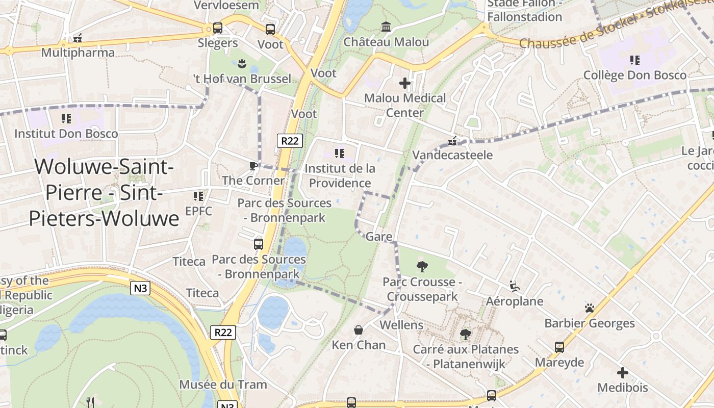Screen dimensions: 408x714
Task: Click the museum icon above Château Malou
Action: pos(386,27)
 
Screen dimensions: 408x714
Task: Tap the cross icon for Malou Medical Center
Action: pos(405,83)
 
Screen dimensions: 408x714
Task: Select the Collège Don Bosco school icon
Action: pos(635,60)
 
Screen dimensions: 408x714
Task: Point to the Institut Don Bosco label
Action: pos(66,134)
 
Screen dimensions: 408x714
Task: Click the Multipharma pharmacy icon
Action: pos(78,38)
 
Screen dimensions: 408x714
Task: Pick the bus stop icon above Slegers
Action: pos(218,28)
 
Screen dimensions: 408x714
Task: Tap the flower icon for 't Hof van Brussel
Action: pos(242,64)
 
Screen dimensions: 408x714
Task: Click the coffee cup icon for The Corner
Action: pos(253,166)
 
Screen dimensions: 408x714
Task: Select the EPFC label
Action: pos(198,211)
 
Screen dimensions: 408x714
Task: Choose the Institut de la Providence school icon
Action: pos(340,153)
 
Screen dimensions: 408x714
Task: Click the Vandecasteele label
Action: pos(452,155)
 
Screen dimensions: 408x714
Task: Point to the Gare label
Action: pos(379,236)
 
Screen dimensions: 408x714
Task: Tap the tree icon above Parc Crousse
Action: pos(422,266)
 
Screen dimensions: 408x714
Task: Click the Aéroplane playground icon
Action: pos(514,287)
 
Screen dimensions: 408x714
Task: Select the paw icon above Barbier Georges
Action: pos(590,308)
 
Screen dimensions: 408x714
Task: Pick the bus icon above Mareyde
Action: pos(559,347)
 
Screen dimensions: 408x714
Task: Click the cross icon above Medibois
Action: pos(622,373)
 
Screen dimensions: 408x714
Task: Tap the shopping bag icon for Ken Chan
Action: pos(359,330)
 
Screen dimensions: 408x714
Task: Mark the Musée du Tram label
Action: pos(223,384)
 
